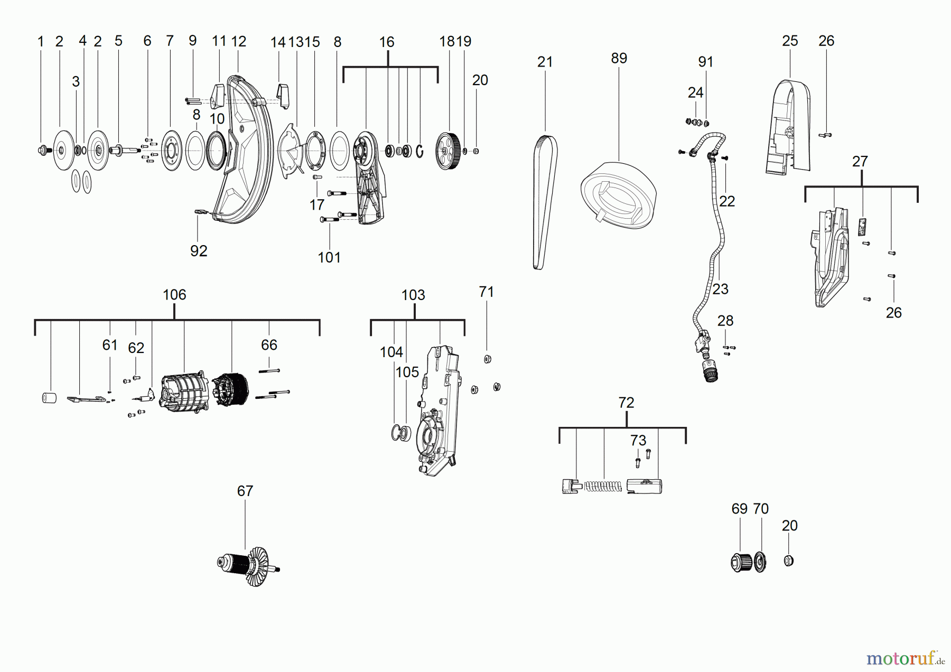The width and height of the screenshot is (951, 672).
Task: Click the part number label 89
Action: coord(619,58)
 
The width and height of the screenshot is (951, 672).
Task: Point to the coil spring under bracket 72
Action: coord(603,486)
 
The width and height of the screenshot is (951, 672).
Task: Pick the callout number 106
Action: coord(174,295)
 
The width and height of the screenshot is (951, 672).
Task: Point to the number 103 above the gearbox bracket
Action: coord(413,295)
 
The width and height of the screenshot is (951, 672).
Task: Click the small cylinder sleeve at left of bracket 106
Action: coord(49,398)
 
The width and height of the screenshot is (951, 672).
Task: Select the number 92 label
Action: coord(199,251)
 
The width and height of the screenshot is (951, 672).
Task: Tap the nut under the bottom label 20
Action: coord(788,561)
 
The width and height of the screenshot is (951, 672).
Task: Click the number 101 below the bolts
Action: coord(329,258)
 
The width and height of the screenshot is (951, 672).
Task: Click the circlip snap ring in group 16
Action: coord(420,151)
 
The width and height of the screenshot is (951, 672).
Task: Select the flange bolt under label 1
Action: coord(41,151)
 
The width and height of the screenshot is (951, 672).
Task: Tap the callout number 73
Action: coord(638,441)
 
